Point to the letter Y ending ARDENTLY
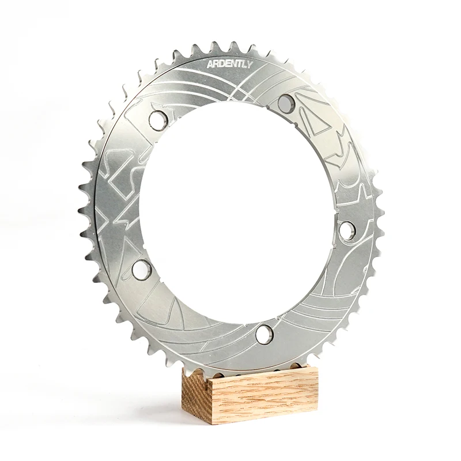coord(248,66)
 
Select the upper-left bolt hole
coord(156,119)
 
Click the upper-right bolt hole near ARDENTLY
coord(284,103)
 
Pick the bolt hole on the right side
coord(346,229)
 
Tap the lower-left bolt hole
coord(141,266)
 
